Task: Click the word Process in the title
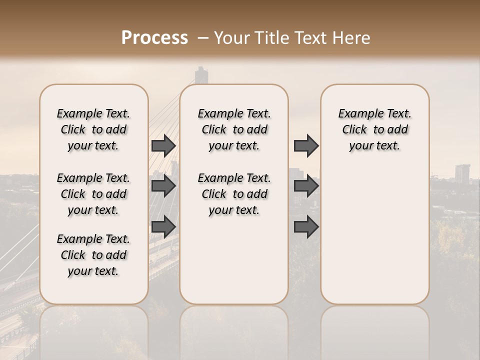pos(154,38)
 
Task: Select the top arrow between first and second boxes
pos(163,145)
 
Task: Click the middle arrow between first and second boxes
pos(163,186)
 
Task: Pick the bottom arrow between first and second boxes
pos(163,227)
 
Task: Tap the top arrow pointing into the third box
pos(306,145)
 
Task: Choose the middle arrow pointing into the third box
pos(306,186)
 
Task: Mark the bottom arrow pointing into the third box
pos(306,227)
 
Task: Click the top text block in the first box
pos(93,129)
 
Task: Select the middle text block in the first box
pos(93,194)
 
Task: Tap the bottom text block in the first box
pos(93,255)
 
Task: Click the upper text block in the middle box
pos(234,129)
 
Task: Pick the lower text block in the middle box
pos(234,194)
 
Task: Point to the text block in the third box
pos(374,129)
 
